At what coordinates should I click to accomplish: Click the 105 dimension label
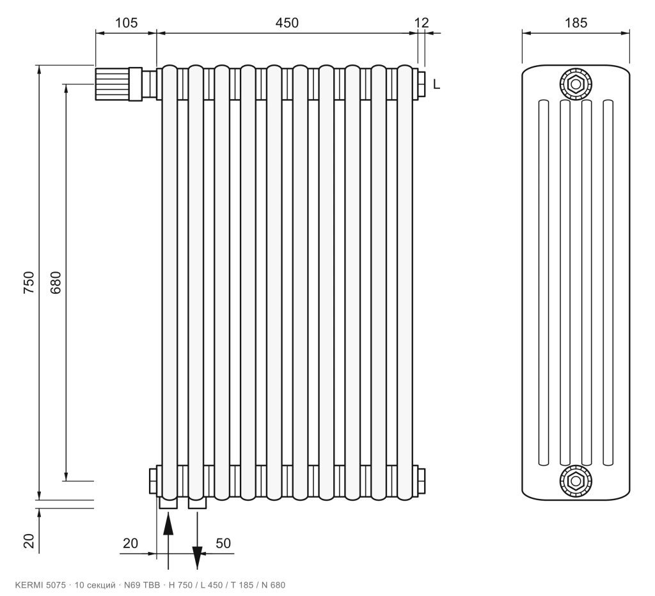point(126,22)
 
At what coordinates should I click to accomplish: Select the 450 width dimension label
point(287,22)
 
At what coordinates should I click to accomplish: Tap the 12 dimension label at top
point(422,22)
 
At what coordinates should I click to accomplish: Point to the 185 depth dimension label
point(576,22)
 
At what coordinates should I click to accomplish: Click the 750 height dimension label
point(29,282)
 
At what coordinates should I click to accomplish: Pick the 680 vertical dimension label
point(56,282)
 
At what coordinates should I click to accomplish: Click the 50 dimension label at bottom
point(223,543)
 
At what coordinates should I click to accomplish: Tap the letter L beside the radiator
point(436,84)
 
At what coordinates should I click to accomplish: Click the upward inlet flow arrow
point(168,540)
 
